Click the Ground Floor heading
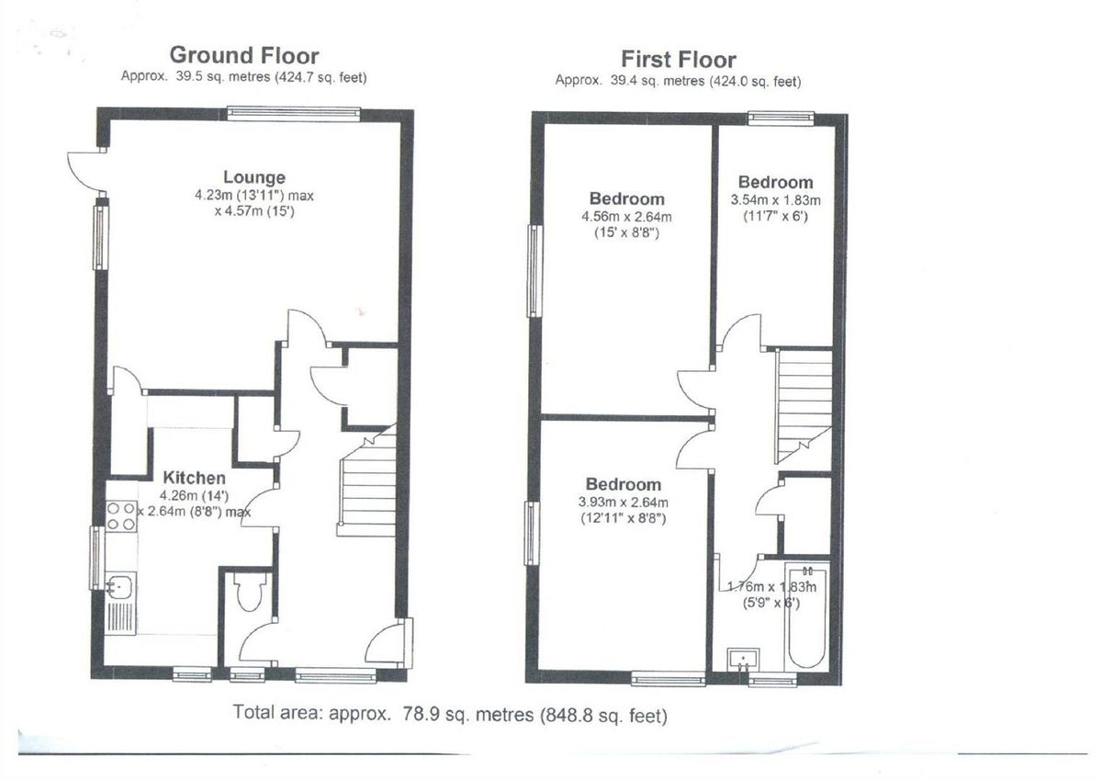tap(243, 56)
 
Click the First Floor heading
tap(678, 60)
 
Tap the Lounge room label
tap(253, 177)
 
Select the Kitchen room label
tap(194, 478)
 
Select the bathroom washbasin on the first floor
tap(742, 660)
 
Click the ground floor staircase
tap(367, 487)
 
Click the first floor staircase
tap(803, 404)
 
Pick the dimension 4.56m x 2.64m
tap(626, 217)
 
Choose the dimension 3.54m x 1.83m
tap(775, 200)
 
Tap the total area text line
tap(450, 714)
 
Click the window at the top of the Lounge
tap(294, 113)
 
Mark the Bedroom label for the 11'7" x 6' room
tap(775, 182)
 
